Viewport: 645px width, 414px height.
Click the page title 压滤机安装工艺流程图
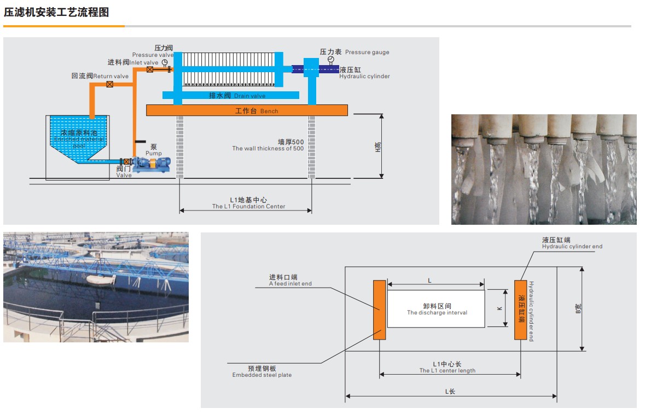[56, 12]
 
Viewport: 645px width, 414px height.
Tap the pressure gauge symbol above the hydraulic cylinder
[330, 59]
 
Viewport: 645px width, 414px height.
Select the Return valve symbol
[110, 84]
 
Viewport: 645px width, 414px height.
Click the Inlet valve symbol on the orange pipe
[150, 69]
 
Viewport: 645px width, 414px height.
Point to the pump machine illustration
[151, 164]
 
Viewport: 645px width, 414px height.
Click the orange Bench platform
[247, 110]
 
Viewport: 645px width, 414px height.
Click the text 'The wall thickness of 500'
[268, 149]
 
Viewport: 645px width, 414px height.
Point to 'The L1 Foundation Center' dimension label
[248, 207]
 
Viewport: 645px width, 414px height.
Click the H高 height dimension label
[377, 146]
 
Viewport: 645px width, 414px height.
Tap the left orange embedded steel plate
[379, 310]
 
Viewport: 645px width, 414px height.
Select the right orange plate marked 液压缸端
[520, 310]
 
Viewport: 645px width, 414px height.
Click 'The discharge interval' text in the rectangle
[437, 313]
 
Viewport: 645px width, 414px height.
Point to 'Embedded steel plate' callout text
[262, 375]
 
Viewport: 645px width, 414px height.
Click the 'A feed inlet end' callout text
[290, 284]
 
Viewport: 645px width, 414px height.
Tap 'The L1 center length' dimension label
[447, 371]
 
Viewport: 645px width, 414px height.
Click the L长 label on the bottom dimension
[450, 391]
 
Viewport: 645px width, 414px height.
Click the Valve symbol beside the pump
[126, 161]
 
